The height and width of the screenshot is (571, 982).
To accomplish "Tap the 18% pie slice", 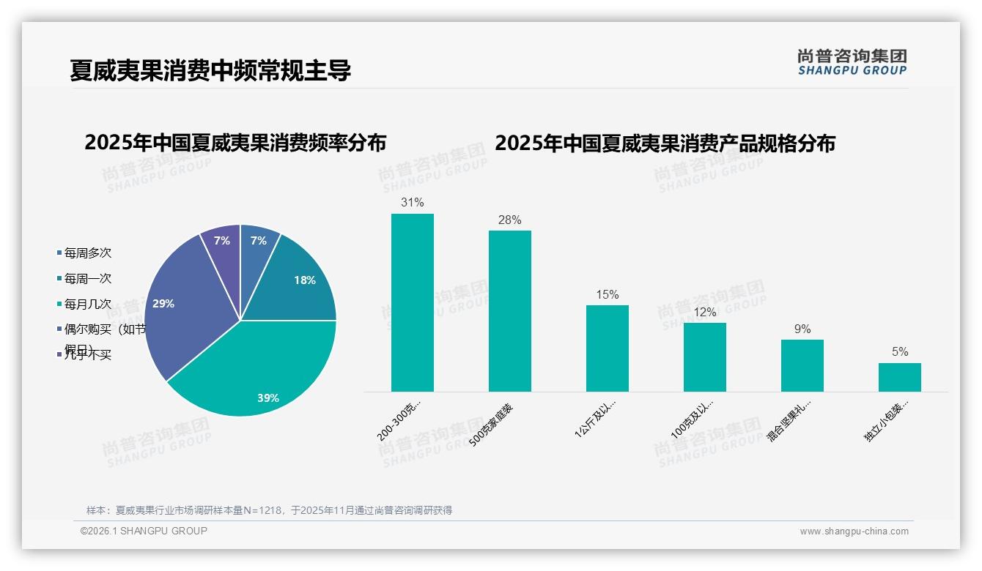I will click(300, 285).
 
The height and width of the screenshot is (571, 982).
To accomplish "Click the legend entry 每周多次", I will click(87, 253).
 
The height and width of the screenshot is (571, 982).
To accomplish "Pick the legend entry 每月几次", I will click(87, 304).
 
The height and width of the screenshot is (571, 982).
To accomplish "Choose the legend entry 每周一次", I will click(87, 279).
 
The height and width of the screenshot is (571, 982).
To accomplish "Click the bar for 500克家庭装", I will click(510, 311).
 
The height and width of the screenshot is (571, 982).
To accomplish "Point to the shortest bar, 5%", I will click(900, 377).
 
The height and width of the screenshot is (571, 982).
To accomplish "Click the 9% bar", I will click(802, 365).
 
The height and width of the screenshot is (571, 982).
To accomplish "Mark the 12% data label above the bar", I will click(705, 312).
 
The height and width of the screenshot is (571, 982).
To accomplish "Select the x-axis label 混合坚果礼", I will click(789, 421).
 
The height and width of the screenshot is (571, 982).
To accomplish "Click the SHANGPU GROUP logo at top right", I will click(852, 62).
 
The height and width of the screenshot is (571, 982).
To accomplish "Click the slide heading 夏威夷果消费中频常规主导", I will click(210, 71).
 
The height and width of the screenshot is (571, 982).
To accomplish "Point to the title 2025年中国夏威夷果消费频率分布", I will click(235, 143).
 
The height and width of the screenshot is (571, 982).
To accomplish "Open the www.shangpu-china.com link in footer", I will click(854, 531).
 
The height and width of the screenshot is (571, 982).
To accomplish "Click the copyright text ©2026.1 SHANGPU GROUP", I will click(144, 531).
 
